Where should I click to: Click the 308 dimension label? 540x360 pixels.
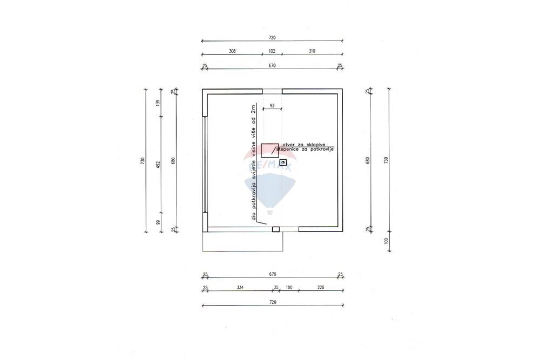coord(232,51)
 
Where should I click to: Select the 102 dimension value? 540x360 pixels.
coord(272,51)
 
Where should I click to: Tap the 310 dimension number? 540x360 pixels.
coord(312,51)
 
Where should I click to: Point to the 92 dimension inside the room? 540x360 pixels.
coord(272,106)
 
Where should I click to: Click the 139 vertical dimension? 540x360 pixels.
coord(158,103)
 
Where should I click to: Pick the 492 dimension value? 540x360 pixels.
coord(158,164)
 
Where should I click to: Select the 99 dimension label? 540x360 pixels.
coord(158,222)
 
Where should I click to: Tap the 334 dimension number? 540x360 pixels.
coord(240,287)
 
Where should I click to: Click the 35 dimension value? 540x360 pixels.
coord(276,287)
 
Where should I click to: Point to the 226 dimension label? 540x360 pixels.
coord(321,287)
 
